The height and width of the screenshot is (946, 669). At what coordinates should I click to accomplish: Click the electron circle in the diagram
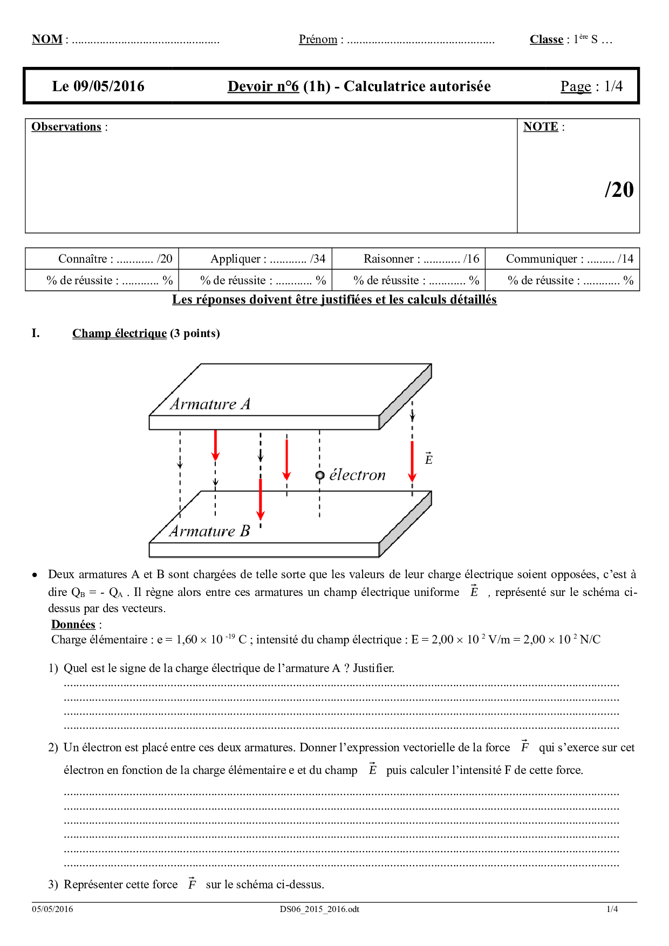(320, 475)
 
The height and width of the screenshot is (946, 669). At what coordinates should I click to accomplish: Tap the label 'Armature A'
(210, 404)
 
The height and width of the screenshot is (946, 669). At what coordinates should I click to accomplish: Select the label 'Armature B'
(210, 531)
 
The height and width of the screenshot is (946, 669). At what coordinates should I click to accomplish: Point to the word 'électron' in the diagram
(357, 475)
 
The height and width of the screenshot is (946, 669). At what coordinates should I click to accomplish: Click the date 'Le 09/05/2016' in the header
(98, 86)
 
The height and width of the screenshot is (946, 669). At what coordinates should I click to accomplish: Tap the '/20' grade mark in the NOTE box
(619, 190)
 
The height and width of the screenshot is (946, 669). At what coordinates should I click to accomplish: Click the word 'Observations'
(66, 127)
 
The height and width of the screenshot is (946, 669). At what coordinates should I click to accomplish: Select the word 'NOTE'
(541, 127)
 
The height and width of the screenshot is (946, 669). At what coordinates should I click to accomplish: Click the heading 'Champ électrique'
(119, 333)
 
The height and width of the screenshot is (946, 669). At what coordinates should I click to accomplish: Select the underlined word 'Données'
(73, 625)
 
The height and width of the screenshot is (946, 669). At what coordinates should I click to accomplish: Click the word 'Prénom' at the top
(318, 39)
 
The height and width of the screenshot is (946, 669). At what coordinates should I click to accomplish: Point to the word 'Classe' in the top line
(546, 39)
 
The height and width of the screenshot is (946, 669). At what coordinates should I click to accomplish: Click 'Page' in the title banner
(576, 86)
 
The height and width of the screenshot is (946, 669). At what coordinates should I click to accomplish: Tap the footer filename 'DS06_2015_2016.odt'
(319, 909)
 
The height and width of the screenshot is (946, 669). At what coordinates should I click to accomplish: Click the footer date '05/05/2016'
(52, 909)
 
